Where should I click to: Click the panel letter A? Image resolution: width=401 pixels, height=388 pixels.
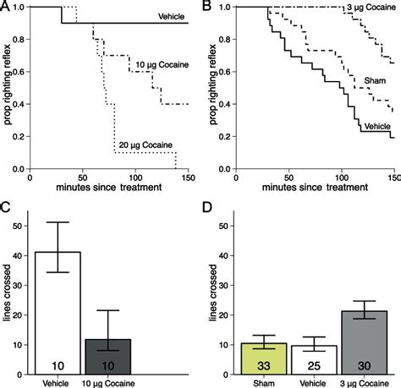coord(7,7)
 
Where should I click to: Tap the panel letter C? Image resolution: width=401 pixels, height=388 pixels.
coord(7,207)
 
